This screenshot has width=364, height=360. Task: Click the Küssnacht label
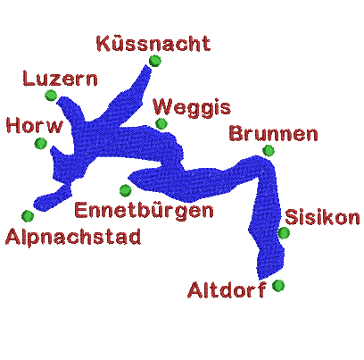click(153, 44)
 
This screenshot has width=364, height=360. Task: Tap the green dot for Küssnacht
click(155, 61)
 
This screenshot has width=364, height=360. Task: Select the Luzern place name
click(60, 79)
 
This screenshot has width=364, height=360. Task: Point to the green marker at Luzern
click(51, 96)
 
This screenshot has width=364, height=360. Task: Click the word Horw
click(35, 125)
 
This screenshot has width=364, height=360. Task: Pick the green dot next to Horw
click(41, 143)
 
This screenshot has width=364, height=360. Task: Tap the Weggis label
click(192, 108)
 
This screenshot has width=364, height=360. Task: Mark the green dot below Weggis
click(161, 123)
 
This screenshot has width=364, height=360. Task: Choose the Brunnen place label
click(274, 134)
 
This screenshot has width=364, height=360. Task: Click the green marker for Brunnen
click(269, 151)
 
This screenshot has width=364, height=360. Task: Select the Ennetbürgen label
click(144, 211)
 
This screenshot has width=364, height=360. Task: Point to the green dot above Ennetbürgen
click(126, 190)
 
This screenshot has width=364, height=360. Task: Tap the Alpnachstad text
click(73, 237)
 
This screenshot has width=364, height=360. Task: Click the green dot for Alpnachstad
click(28, 216)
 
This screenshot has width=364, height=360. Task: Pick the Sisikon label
click(322, 217)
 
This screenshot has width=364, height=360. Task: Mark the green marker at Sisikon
click(284, 233)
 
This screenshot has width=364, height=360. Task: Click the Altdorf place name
click(227, 289)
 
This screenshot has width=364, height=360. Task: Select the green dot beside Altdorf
click(278, 286)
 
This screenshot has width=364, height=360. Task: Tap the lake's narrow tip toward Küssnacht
click(146, 66)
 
